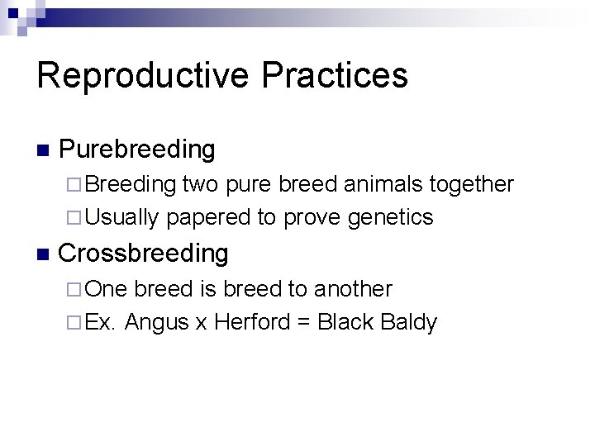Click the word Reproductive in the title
(x=141, y=76)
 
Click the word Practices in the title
(x=335, y=74)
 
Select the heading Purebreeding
(x=137, y=150)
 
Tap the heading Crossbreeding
(x=144, y=254)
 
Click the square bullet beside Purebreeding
(x=43, y=151)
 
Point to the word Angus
(x=158, y=322)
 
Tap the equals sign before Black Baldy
(x=303, y=323)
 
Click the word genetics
(x=392, y=218)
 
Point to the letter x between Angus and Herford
(x=201, y=323)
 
